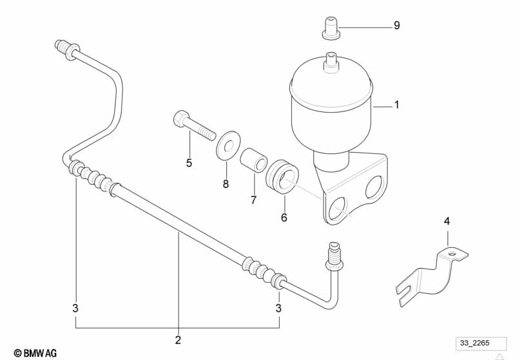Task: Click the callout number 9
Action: coord(396,26)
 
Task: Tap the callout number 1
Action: coord(396,104)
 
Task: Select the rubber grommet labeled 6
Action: coord(282,176)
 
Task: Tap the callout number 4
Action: coord(446,222)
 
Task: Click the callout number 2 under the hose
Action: coord(179,339)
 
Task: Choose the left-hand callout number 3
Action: coord(75,308)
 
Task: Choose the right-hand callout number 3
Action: coord(278,308)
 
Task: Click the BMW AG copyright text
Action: coord(35,352)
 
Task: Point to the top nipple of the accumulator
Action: coord(332,61)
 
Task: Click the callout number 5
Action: coord(189,163)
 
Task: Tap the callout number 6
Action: coord(284,217)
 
